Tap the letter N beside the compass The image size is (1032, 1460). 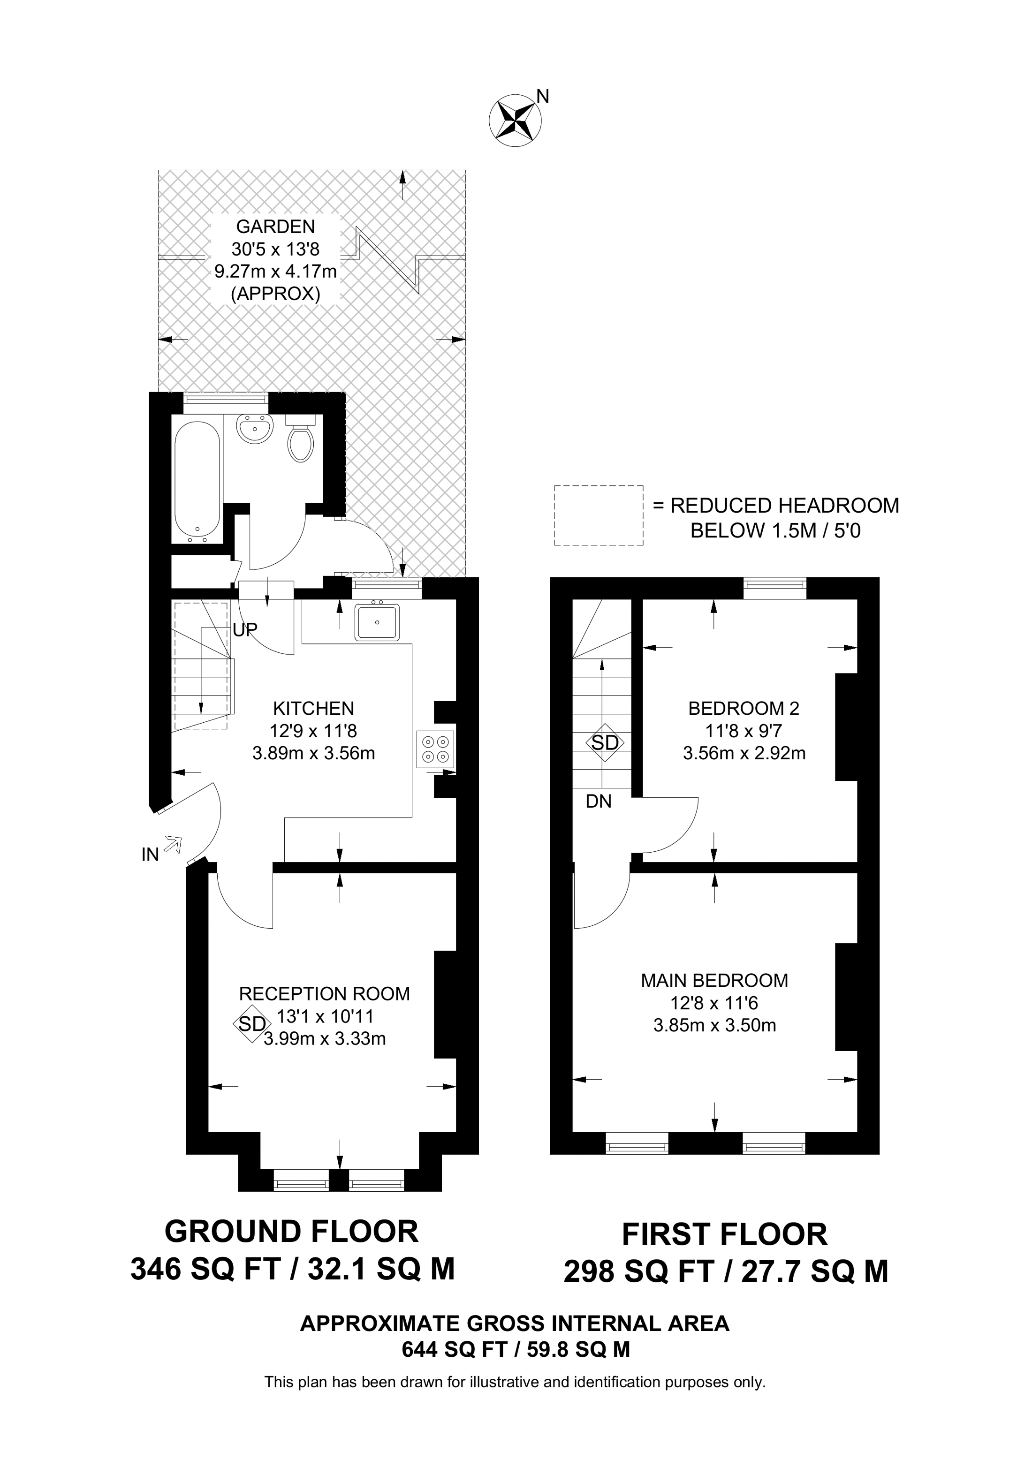pyautogui.click(x=542, y=96)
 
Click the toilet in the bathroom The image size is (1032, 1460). pyautogui.click(x=301, y=439)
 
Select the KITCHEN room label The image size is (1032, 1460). pyautogui.click(x=313, y=708)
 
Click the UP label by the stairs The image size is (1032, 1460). pyautogui.click(x=245, y=629)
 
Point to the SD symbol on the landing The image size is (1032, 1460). pyautogui.click(x=605, y=742)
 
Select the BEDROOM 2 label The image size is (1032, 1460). pyautogui.click(x=744, y=708)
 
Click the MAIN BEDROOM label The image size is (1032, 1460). pyautogui.click(x=714, y=980)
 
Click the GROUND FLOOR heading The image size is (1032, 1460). pyautogui.click(x=291, y=1232)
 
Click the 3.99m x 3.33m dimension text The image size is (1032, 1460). pyautogui.click(x=324, y=1038)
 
